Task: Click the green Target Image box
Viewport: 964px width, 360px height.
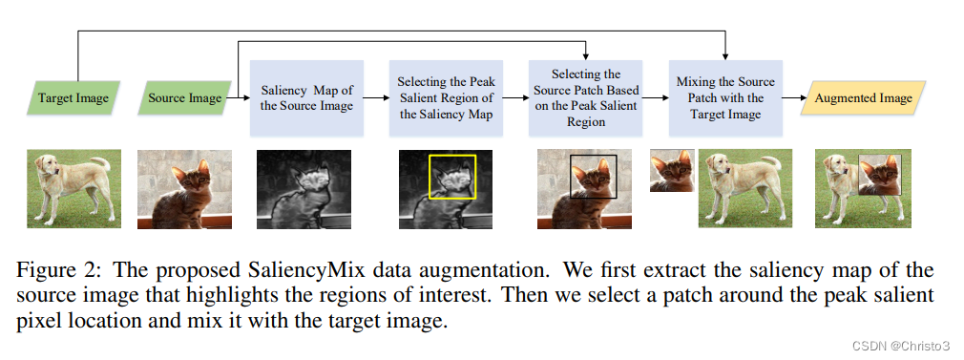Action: pos(73,97)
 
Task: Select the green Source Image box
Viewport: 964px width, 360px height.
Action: pos(185,97)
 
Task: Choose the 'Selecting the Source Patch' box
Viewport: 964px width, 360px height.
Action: pos(586,97)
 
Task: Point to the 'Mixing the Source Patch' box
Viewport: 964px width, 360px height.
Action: pos(725,97)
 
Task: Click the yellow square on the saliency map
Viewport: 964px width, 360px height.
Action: pos(452,177)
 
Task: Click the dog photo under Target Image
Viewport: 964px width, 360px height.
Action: pos(73,188)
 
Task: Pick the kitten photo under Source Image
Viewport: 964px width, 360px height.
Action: pos(184,189)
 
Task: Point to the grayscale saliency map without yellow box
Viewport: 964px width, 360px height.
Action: pos(304,189)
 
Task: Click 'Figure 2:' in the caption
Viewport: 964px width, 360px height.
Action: pos(55,272)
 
